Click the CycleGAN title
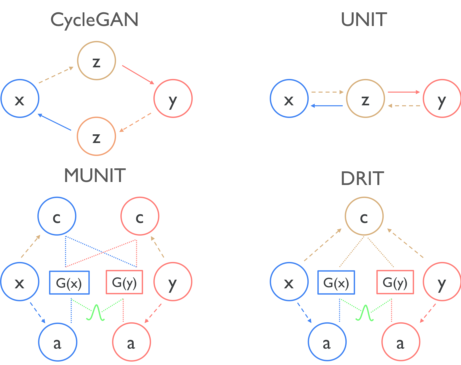pos(94,20)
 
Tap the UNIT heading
pos(364,20)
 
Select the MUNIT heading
pos(95,176)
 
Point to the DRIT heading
pos(362,179)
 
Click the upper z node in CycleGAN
pos(97,61)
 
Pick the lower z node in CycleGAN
pos(96,136)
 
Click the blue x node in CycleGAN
pos(20,98)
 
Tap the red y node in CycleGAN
pos(173,98)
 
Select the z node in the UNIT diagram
pos(366,98)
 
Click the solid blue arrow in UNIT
pos(327,106)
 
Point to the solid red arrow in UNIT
pos(404,92)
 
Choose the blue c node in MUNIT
pos(57,216)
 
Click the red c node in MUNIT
pos(140,216)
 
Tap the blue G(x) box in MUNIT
pos(69,282)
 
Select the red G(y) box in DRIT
pos(395,282)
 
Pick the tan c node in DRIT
pos(364,216)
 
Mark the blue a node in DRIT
pos(327,342)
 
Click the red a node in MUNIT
pos(132,342)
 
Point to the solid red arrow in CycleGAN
pos(138,75)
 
